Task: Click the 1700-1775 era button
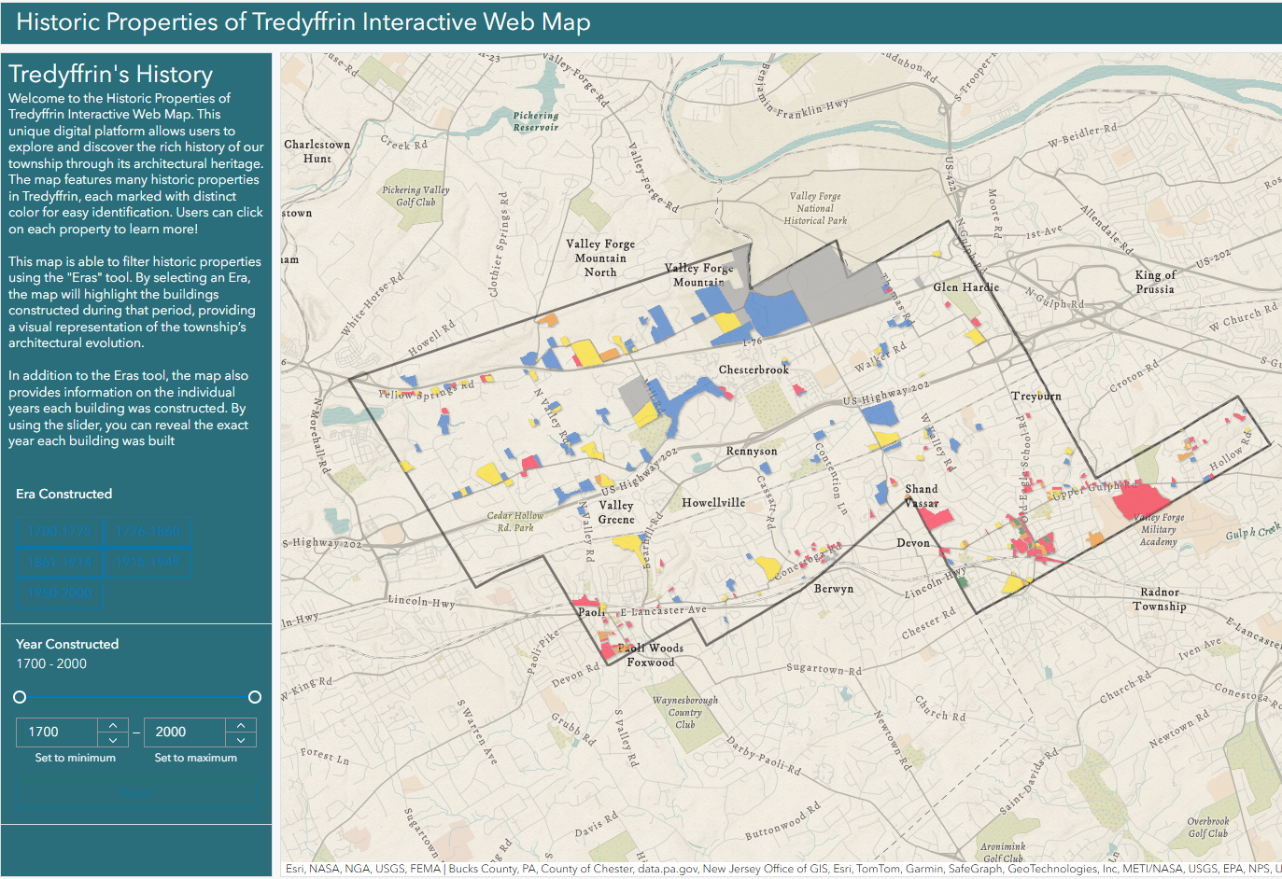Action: point(61,531)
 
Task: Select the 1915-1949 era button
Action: point(148,562)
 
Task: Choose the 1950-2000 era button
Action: point(61,593)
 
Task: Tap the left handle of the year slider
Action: point(20,697)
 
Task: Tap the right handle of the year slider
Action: point(254,697)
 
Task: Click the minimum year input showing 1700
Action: point(56,732)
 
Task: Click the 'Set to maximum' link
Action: point(195,758)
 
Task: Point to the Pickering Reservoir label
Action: point(536,121)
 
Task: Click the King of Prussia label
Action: point(1155,282)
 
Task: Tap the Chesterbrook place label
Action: point(754,370)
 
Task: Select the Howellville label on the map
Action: point(713,503)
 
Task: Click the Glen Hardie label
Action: point(965,287)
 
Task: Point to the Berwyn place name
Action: point(833,589)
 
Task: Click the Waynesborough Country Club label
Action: point(685,712)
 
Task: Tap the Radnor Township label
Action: point(1160,599)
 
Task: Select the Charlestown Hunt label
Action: point(317,151)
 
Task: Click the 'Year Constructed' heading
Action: point(67,644)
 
